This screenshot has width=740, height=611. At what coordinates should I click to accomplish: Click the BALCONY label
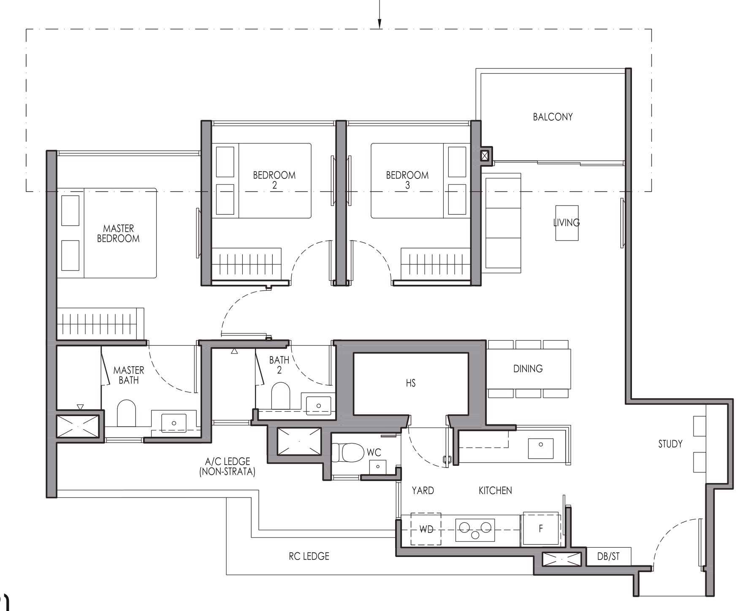coord(553,117)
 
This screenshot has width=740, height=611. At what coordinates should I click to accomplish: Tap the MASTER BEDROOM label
coord(118,233)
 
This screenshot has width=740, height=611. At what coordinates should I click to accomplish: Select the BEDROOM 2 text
coord(274,180)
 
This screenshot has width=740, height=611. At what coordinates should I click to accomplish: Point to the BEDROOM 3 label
coord(407,180)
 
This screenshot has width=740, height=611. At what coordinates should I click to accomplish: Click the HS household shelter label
coord(410,383)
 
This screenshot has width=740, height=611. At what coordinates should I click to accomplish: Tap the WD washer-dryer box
coord(426,529)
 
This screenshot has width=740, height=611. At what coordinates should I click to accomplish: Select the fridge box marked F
coord(541,528)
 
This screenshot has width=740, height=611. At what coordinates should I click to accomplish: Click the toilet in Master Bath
coord(126,414)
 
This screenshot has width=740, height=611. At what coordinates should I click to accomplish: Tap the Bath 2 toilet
coord(280,396)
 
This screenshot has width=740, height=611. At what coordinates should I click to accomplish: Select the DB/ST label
coord(608,557)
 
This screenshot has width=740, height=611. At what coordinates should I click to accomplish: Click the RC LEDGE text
coord(309,557)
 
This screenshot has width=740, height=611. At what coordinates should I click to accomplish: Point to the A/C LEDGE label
coord(228,467)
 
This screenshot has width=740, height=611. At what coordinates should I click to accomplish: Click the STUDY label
coord(670,444)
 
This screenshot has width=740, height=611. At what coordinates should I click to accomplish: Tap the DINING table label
coord(528,369)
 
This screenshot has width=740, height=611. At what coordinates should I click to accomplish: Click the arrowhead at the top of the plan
coord(379,24)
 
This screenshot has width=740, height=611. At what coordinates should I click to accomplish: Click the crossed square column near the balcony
coord(485,155)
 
